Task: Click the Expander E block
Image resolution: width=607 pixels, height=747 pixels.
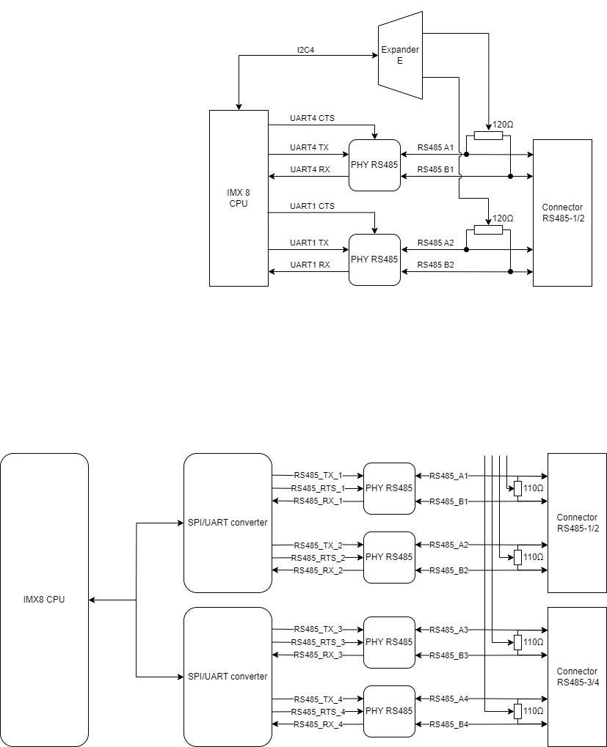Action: pyautogui.click(x=400, y=56)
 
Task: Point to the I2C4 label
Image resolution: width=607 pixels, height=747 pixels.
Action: pyautogui.click(x=305, y=50)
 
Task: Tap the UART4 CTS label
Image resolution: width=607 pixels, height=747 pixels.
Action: pyautogui.click(x=312, y=118)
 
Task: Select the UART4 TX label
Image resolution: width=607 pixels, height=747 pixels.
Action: pyautogui.click(x=309, y=147)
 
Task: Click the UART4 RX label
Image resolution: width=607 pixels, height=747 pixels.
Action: pyautogui.click(x=309, y=169)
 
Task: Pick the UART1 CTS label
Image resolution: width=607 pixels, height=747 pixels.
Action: pyautogui.click(x=312, y=206)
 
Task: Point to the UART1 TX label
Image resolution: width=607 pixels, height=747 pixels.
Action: pyautogui.click(x=309, y=243)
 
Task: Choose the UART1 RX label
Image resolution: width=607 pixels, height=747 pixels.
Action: pyautogui.click(x=309, y=265)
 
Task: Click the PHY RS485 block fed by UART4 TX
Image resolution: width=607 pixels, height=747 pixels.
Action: pyautogui.click(x=374, y=165)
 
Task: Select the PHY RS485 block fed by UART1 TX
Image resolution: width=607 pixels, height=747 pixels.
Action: pyautogui.click(x=374, y=260)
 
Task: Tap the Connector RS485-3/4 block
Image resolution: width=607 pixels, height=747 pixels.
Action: pyautogui.click(x=577, y=677)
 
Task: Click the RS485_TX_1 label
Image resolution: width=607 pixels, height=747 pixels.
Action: pyautogui.click(x=318, y=476)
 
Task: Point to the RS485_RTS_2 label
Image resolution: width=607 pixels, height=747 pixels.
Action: pyautogui.click(x=318, y=558)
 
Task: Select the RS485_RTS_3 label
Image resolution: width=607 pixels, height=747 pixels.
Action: pyautogui.click(x=318, y=642)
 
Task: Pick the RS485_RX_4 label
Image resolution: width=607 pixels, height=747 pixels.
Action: pyautogui.click(x=318, y=724)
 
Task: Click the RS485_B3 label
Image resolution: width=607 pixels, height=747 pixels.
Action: pyautogui.click(x=448, y=655)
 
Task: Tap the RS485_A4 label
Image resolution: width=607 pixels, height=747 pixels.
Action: pyautogui.click(x=448, y=699)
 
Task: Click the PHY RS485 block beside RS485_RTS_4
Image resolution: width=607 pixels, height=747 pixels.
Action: pyautogui.click(x=389, y=711)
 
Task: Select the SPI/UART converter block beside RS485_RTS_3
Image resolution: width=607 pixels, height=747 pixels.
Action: pyautogui.click(x=228, y=677)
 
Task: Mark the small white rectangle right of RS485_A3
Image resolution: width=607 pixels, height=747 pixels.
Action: pyautogui.click(x=517, y=642)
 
